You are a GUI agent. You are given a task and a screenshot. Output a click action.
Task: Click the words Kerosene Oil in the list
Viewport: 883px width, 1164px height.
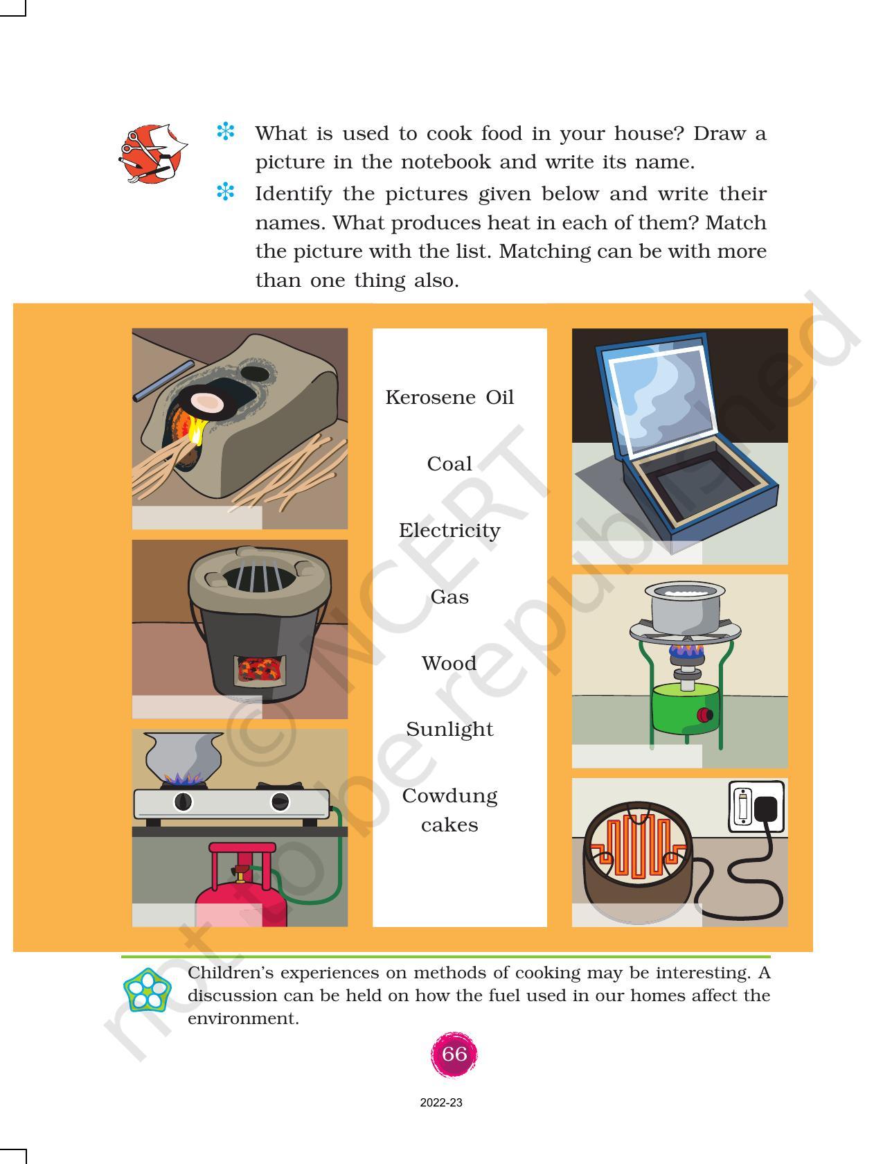coord(449,398)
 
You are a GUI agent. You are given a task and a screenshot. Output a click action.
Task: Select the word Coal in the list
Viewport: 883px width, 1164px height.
coord(449,464)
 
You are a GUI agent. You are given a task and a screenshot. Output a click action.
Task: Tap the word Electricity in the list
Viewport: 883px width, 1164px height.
coord(449,531)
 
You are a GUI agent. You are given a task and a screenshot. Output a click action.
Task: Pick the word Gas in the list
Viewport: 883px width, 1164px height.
coord(449,597)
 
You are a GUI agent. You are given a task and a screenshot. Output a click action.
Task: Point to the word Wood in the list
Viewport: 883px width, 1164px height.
coord(449,663)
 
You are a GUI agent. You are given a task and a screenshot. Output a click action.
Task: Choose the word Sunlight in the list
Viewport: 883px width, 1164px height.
coord(449,730)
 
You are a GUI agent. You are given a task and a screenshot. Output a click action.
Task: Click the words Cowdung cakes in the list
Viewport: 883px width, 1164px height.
coord(449,810)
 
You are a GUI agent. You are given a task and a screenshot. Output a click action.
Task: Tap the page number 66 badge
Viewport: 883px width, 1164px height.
coord(454,1055)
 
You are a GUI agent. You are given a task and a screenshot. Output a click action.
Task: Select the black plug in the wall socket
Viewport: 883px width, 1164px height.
coord(765,809)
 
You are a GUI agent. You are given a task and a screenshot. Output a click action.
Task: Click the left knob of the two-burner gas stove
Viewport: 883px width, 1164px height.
coord(183,802)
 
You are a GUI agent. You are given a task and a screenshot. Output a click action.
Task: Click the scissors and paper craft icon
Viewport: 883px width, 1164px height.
coord(152,154)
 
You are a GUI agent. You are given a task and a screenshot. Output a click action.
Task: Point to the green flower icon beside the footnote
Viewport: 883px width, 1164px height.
coord(147,990)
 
